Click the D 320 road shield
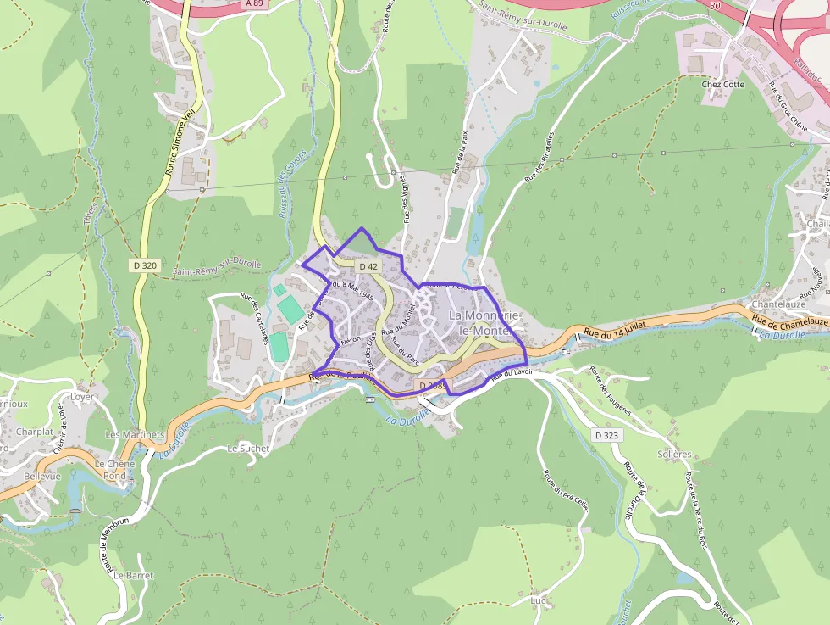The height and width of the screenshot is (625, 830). coord(145,265)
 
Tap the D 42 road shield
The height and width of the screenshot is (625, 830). coord(368,266)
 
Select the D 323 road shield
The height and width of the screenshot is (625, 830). coord(606,435)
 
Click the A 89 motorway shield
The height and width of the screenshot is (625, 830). coord(253,3)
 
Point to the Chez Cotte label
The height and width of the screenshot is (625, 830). coord(722,84)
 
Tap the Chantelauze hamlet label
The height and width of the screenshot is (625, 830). coord(778,304)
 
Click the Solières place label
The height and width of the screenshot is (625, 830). coord(674,454)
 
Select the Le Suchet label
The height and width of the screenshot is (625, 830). coord(248,448)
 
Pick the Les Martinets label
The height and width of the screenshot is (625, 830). coord(134,434)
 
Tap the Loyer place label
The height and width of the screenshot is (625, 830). coord(82,396)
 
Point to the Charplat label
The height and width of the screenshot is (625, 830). coord(35,432)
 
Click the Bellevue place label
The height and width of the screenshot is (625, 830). coord(42,477)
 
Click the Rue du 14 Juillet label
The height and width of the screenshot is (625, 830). coord(616,328)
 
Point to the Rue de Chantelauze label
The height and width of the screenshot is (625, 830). coord(790,322)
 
